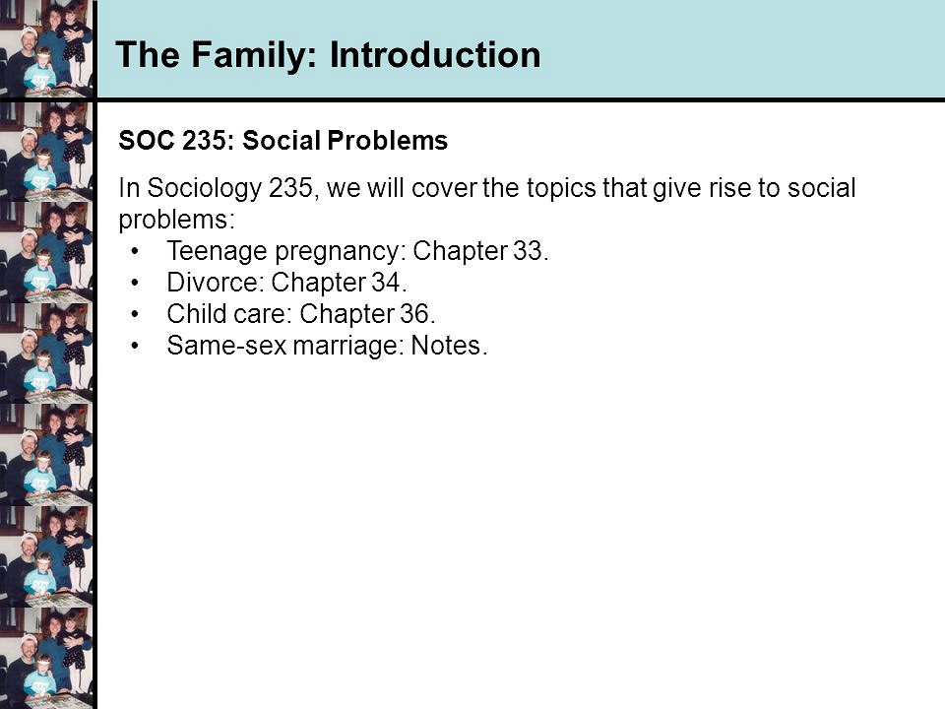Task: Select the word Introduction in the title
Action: [x=435, y=55]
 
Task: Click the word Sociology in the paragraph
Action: [x=205, y=189]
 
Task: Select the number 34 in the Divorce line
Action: [x=386, y=283]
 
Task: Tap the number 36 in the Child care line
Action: [x=414, y=313]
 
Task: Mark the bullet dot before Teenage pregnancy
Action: [x=135, y=251]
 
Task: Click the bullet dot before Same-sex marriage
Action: [x=135, y=346]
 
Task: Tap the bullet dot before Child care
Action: [x=135, y=313]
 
